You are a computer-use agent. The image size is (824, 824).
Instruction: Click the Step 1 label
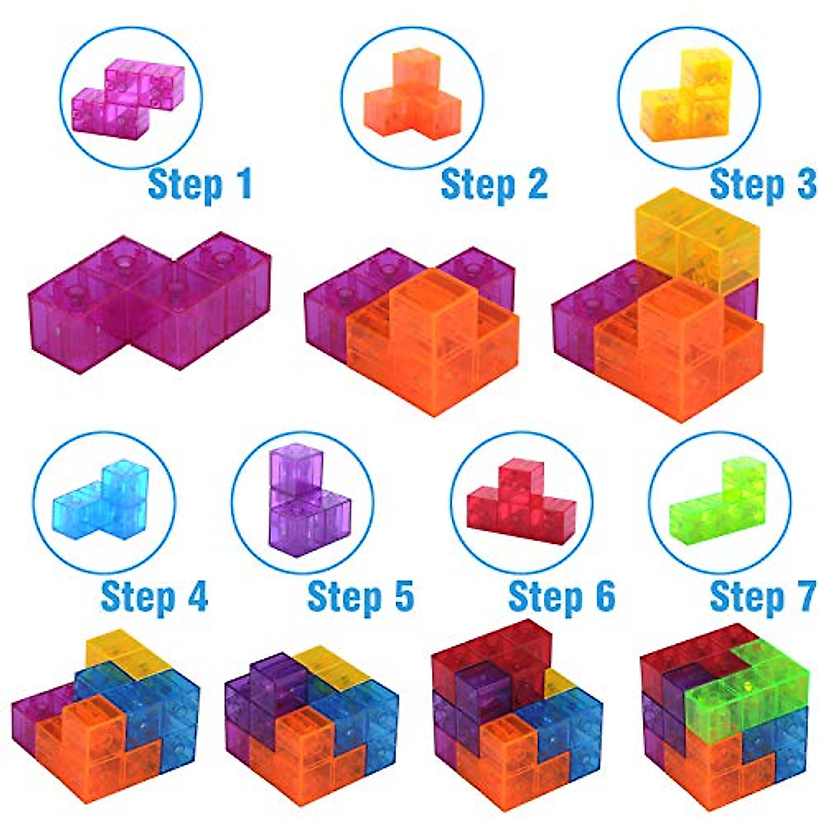tap(200, 185)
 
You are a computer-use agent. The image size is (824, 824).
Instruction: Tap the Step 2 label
tap(494, 185)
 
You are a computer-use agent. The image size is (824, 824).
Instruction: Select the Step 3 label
tap(762, 185)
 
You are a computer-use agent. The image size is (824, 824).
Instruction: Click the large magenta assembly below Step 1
tap(148, 302)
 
